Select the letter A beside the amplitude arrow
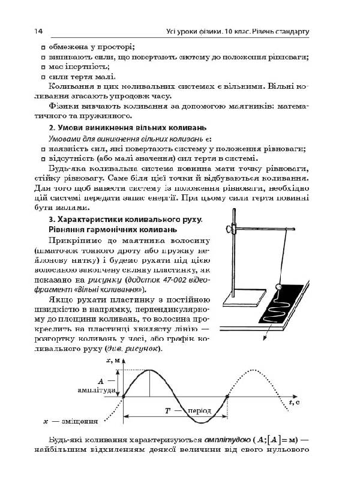click(x=101, y=380)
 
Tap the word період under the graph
click(x=199, y=411)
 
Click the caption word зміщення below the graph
click(x=79, y=421)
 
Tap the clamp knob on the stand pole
click(x=228, y=228)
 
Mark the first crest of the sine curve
click(x=149, y=371)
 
